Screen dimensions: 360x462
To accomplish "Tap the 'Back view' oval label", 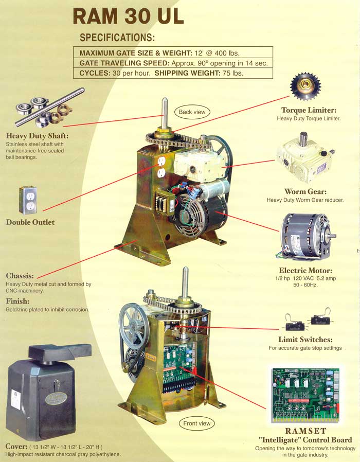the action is (x=192, y=112).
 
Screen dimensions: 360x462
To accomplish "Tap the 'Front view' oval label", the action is (x=198, y=423).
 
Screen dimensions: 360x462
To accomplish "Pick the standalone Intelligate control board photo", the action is (x=304, y=394).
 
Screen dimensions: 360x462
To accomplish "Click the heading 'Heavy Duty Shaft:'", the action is (x=37, y=136).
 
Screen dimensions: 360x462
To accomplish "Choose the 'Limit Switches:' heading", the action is (x=305, y=340).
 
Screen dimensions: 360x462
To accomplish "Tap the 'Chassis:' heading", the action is (x=20, y=275).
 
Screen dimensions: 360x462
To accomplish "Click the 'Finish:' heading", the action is (x=17, y=301).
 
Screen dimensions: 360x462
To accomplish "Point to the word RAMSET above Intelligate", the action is (x=305, y=430).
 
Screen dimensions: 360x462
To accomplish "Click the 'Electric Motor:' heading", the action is (x=305, y=270).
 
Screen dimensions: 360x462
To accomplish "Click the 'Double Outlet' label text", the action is (x=30, y=222).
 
